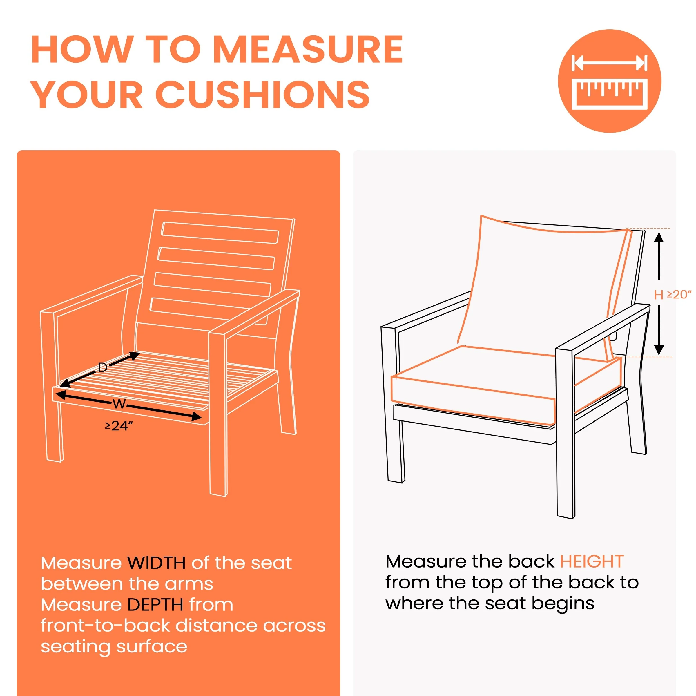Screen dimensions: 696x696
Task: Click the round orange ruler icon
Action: coord(610,81)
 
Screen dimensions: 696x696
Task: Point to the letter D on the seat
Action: coord(103,367)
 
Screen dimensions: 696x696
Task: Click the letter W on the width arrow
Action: coord(119,404)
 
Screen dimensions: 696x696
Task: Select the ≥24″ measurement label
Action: coord(119,426)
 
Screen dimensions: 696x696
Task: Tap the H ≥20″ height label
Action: coord(673,295)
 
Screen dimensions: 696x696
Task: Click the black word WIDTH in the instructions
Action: coord(157,563)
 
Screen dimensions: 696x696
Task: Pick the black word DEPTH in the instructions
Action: coord(156,604)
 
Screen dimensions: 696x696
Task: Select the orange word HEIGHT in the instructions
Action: coord(592,561)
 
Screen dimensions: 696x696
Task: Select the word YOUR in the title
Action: coord(87,94)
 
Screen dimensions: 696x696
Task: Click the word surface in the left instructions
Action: coord(152,647)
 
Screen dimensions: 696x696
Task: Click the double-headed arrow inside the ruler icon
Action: coord(610,63)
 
